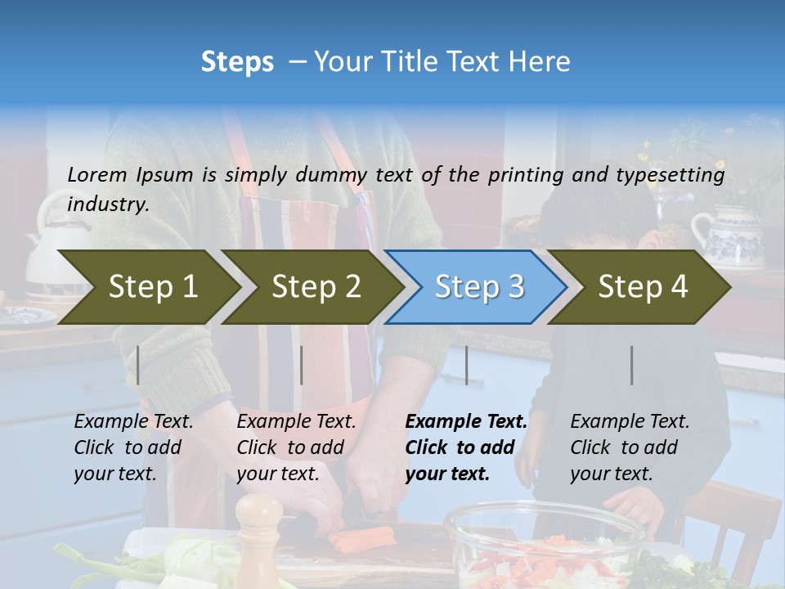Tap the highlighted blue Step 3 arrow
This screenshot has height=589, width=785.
coord(478,287)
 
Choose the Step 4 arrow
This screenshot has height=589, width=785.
coord(643,287)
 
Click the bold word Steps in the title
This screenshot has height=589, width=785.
coord(237,61)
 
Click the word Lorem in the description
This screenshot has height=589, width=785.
coord(96,174)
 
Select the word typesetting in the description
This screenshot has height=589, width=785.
coord(677,174)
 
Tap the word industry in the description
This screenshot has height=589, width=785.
coord(106,204)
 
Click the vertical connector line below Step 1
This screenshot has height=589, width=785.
coord(138,365)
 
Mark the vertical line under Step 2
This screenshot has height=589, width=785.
coord(302,365)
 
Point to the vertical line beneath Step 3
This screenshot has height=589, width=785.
coord(466,365)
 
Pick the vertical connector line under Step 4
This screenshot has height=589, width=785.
coord(631,365)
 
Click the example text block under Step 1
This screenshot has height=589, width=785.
coord(133,447)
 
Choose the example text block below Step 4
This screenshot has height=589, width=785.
coord(630,447)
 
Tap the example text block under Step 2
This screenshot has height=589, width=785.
coord(296,447)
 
